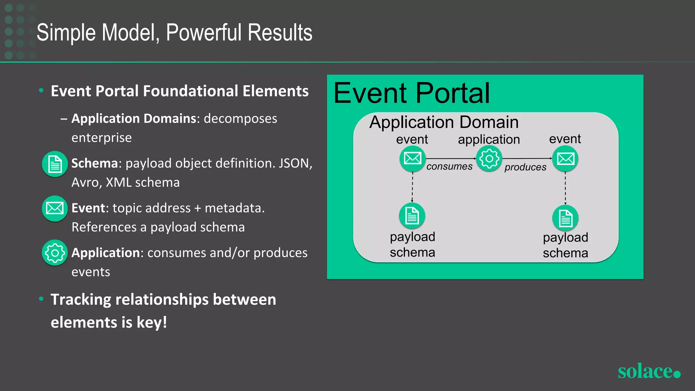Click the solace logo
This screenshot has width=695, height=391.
(649, 371)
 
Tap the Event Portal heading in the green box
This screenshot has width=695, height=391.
(412, 93)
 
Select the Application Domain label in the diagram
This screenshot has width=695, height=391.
(444, 122)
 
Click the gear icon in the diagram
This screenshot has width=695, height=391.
(489, 159)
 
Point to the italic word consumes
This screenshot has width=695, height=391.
(449, 167)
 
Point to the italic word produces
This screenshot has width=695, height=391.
(525, 167)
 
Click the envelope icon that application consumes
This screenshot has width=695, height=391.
(412, 159)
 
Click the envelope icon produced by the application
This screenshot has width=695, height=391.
(565, 159)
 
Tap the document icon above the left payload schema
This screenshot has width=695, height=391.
(412, 216)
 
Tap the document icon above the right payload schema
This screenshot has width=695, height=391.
(565, 218)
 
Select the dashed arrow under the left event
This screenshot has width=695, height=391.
(412, 187)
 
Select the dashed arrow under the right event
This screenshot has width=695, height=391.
(565, 188)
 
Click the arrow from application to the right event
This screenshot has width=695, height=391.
(527, 159)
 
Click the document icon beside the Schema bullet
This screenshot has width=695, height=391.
(55, 164)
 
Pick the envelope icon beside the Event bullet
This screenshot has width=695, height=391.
(55, 208)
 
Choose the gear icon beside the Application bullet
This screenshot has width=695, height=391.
(55, 253)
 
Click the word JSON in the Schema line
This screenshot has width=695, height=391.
(294, 164)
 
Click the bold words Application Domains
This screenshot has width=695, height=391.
(134, 119)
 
